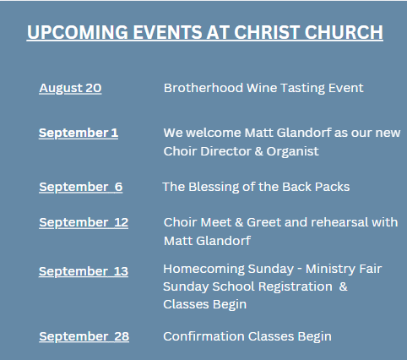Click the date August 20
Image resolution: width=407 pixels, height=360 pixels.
(70, 88)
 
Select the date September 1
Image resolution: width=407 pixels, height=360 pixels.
(79, 133)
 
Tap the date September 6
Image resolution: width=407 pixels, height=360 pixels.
(81, 187)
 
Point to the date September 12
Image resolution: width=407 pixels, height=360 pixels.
(84, 222)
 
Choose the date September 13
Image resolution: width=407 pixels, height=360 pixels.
(84, 271)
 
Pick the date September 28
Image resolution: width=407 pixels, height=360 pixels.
(84, 336)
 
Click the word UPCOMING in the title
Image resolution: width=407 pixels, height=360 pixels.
(78, 32)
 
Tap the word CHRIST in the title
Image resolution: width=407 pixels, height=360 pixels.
(267, 32)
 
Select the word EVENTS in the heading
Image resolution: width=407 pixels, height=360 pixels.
(167, 32)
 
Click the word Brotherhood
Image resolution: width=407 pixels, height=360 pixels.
(203, 88)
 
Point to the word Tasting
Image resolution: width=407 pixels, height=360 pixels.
(302, 89)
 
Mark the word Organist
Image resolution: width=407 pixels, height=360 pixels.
(293, 152)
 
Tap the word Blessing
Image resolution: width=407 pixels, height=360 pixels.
(214, 188)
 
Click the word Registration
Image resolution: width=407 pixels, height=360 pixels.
(296, 287)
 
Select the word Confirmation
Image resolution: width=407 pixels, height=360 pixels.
(204, 336)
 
